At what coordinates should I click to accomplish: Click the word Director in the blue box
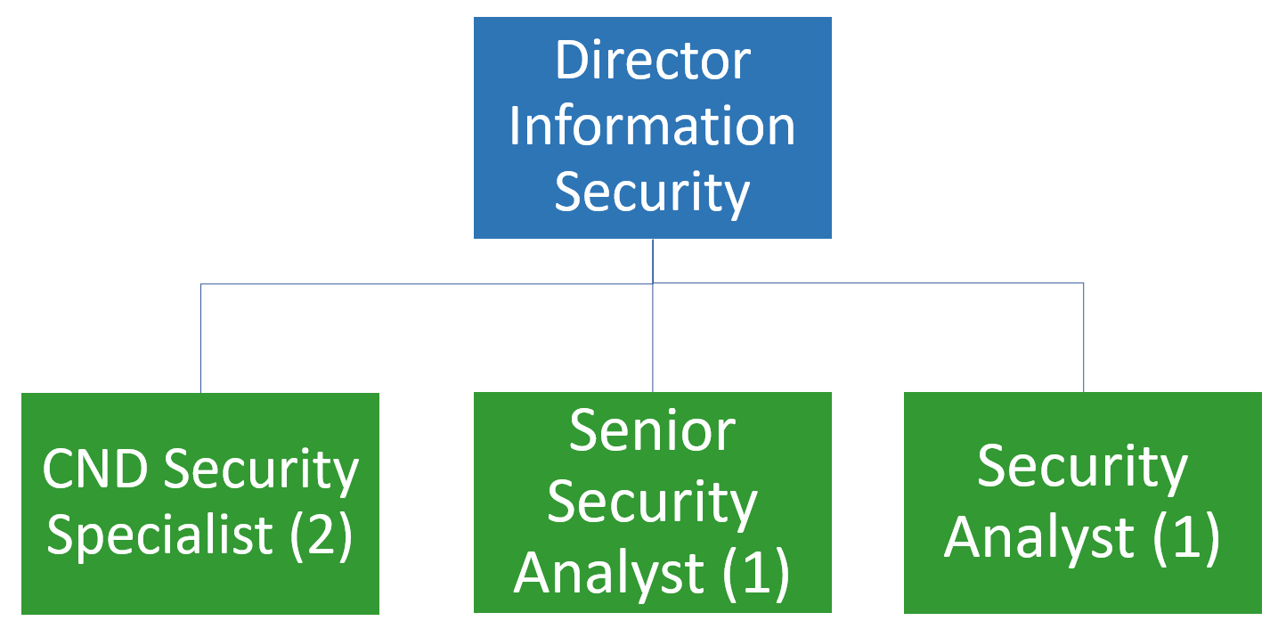(x=652, y=61)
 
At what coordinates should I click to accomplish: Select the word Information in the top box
(x=652, y=127)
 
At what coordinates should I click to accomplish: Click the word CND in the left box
(x=95, y=470)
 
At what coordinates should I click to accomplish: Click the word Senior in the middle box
(x=652, y=430)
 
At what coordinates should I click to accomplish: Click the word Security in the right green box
(x=1082, y=467)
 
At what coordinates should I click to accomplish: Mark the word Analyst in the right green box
(x=1039, y=537)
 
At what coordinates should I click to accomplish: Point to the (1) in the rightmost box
(x=1186, y=537)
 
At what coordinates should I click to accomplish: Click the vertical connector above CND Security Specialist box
(x=200, y=339)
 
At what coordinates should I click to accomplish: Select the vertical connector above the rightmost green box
(x=1083, y=339)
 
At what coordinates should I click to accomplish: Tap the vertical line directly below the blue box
(x=653, y=260)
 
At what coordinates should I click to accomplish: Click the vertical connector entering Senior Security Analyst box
(x=653, y=339)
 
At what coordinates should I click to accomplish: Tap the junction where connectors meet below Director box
(x=653, y=283)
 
